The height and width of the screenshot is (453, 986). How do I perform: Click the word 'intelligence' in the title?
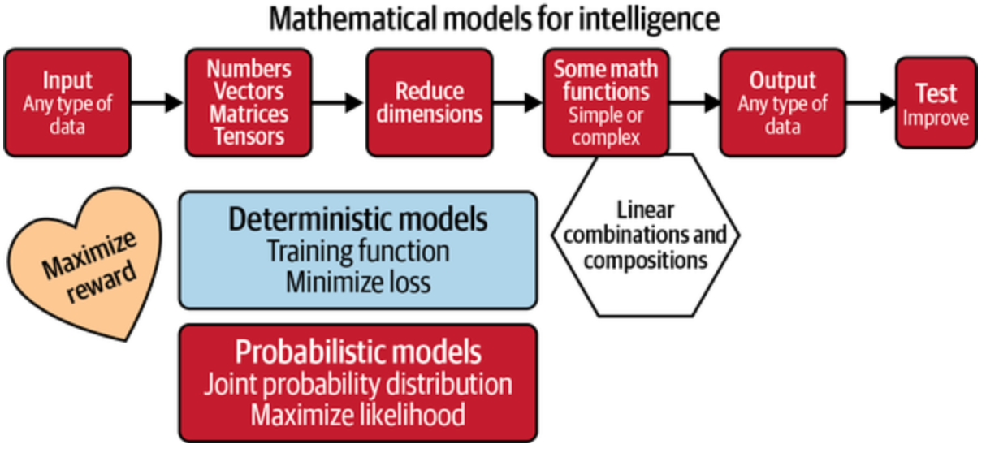649,19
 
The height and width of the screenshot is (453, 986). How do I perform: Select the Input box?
67,102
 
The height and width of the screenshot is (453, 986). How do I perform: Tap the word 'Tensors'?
249,136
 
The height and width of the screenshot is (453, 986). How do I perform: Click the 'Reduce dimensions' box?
429,102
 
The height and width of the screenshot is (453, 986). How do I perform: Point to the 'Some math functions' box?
606,102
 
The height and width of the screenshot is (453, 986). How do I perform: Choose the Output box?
783,102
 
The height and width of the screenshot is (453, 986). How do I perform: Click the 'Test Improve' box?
936,102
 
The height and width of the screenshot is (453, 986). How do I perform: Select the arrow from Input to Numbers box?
157,103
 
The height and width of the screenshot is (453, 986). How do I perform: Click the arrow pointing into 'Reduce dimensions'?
338,103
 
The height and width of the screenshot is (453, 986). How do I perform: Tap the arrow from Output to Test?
871,103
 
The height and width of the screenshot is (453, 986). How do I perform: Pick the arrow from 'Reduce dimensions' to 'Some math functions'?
518,103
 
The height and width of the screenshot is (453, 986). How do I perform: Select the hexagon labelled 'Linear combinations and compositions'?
646,235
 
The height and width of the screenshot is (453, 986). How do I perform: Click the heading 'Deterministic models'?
358,219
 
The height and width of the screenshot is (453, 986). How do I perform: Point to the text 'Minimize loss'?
358,282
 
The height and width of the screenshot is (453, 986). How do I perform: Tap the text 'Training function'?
358,251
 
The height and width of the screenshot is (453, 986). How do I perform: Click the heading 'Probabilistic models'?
358,352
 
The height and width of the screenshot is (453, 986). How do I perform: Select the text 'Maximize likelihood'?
358,415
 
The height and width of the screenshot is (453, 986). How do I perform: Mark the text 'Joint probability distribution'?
358,384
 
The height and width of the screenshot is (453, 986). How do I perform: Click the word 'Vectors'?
249,92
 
